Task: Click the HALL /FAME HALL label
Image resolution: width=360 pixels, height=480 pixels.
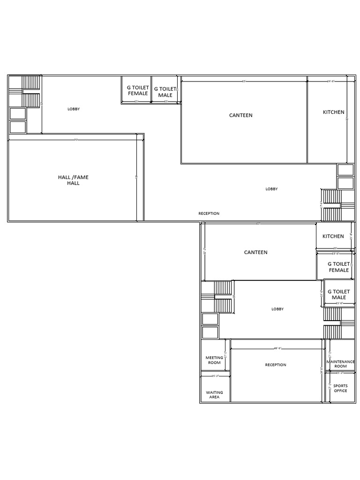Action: [73, 180]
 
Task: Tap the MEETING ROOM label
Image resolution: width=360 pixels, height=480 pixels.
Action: [214, 360]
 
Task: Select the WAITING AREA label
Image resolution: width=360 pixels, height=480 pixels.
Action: [214, 395]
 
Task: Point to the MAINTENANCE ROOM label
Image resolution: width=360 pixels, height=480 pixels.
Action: [341, 364]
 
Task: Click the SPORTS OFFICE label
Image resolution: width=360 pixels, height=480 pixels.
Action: [341, 388]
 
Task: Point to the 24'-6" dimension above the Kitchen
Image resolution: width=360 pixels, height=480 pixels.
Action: [330, 81]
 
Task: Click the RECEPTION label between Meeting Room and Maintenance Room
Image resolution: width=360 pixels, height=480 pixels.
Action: [276, 365]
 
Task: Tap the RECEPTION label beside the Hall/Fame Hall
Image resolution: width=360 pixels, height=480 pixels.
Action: [209, 213]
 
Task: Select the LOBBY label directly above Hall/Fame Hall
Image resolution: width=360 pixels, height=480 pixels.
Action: [74, 109]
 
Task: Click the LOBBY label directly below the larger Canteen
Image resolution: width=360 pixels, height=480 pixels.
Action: [271, 189]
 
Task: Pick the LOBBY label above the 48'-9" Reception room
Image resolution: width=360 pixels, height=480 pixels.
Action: [277, 309]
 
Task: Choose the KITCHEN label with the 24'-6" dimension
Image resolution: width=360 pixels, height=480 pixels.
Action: [334, 112]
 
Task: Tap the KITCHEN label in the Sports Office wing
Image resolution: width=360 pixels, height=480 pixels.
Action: [333, 236]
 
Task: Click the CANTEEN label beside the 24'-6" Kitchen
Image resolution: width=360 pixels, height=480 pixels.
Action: [241, 115]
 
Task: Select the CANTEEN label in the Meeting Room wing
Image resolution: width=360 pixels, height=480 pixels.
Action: [256, 252]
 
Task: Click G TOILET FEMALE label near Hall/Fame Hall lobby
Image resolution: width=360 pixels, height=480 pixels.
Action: [138, 90]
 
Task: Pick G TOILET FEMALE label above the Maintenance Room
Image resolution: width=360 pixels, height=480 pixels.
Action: [338, 267]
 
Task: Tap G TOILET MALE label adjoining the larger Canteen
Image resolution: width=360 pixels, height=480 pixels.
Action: [165, 92]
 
